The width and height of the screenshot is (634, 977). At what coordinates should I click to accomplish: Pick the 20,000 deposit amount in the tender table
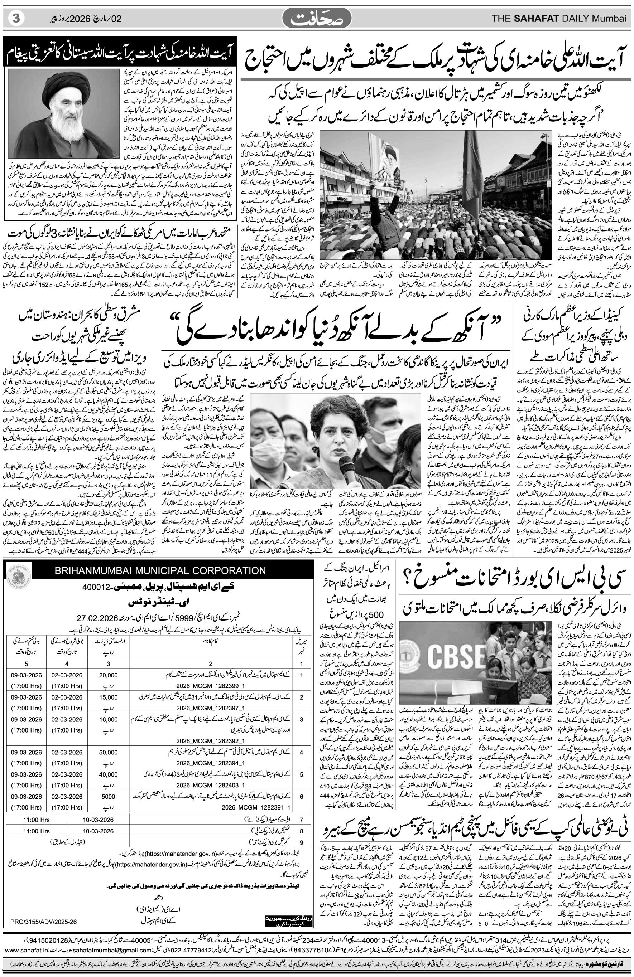[x=109, y=675]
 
